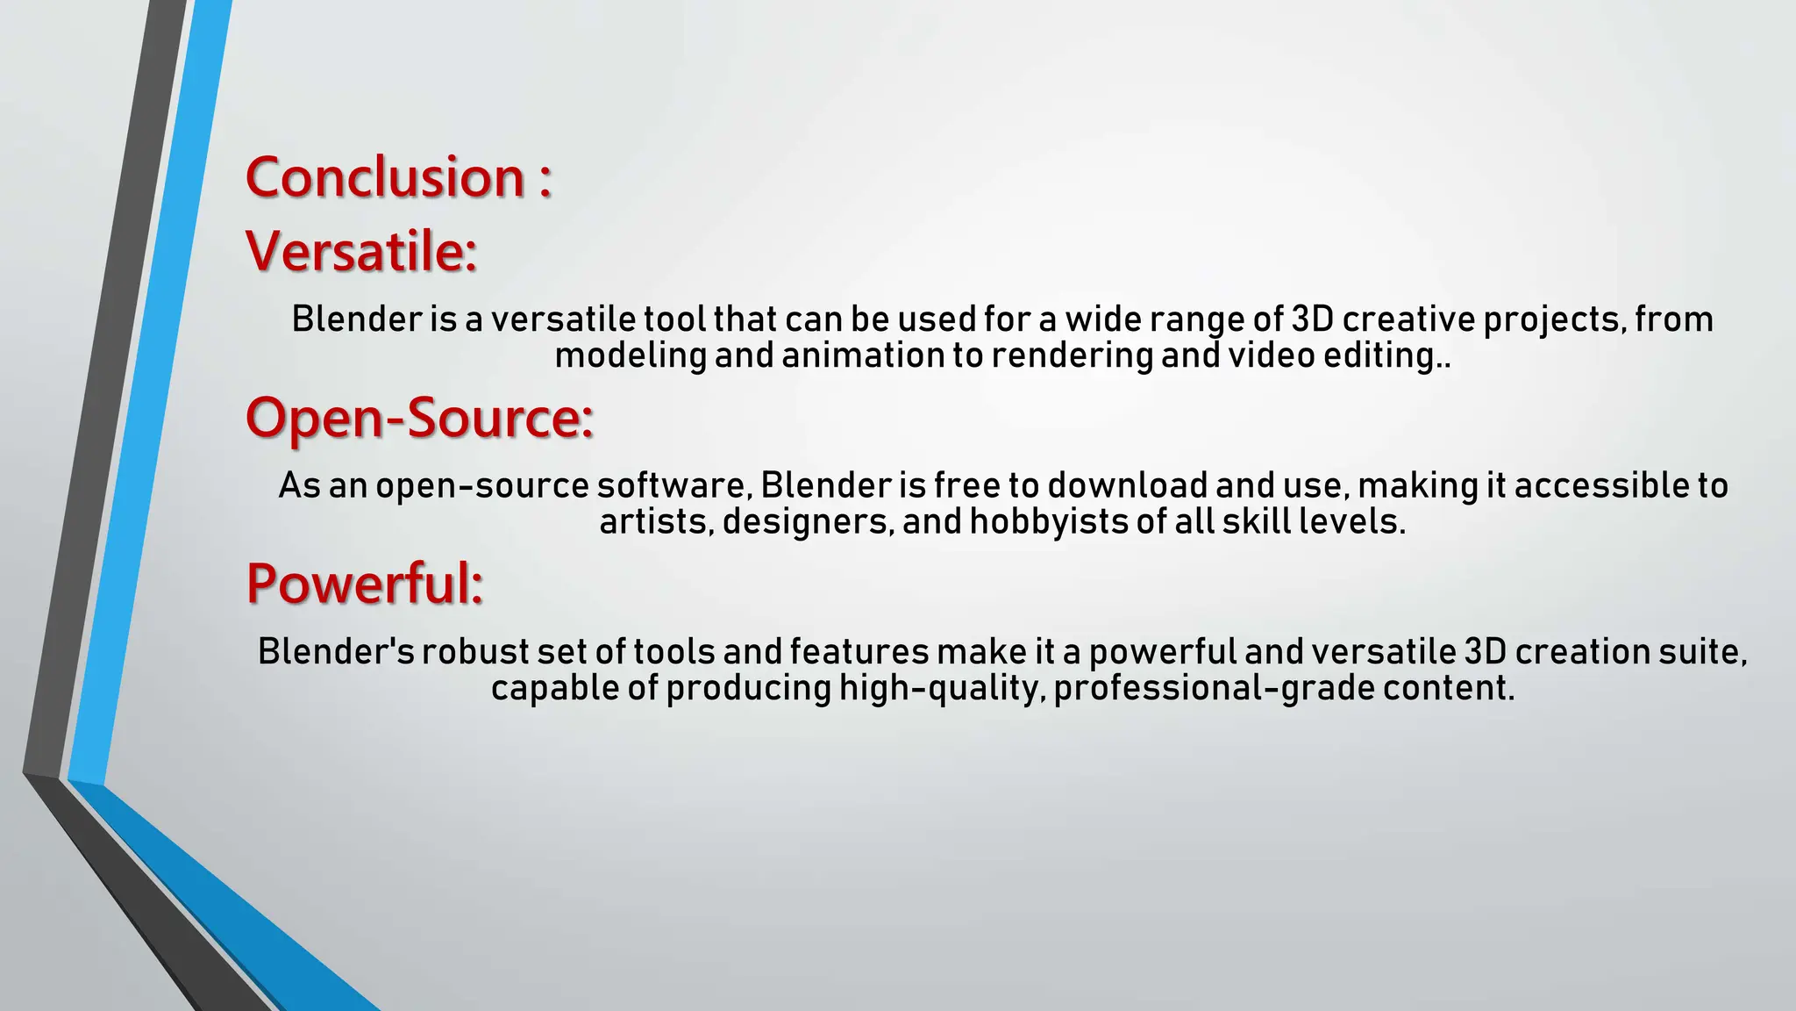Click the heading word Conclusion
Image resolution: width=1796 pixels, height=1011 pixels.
tap(385, 177)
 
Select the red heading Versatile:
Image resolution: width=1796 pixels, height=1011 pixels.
tap(361, 251)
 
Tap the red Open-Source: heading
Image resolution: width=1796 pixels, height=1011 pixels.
tap(419, 417)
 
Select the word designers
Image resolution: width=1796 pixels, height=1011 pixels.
tap(808, 521)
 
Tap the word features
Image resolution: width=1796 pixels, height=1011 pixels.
tap(859, 652)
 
